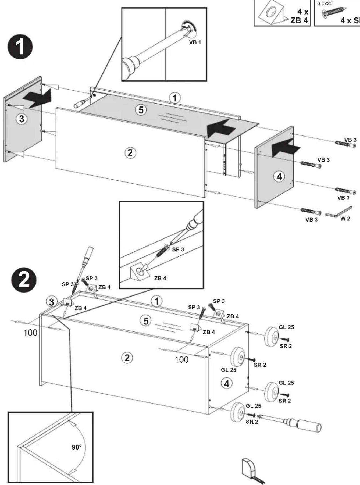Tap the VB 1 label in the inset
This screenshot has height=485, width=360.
coord(195,42)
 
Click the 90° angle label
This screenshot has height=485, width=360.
coord(76,447)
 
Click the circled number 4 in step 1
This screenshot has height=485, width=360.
coord(279,177)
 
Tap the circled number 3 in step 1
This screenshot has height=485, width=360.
coord(22,119)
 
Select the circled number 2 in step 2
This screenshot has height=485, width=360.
coord(127,358)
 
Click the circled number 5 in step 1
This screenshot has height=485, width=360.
coord(141,110)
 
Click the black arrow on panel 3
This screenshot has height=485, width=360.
coord(37,99)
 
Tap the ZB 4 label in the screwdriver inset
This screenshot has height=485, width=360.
coord(160,278)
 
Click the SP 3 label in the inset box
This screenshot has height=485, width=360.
coord(178,249)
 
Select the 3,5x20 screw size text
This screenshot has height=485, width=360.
coord(325,4)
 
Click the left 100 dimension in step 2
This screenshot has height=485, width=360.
coord(30,333)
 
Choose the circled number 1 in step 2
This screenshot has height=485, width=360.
coord(157,301)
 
